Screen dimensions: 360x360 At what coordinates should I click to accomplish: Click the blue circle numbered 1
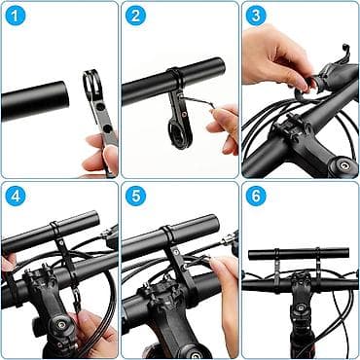[x=16, y=16]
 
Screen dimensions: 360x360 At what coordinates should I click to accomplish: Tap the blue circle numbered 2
[x=135, y=16]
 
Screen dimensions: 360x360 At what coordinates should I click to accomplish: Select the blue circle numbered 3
[x=256, y=16]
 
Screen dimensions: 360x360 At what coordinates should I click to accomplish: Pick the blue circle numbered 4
[x=16, y=196]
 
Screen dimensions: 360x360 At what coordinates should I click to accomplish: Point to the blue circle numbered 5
[x=135, y=196]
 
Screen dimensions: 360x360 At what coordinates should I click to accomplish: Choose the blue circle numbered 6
[x=256, y=196]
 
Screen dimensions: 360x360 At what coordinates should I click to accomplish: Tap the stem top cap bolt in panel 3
[x=344, y=165]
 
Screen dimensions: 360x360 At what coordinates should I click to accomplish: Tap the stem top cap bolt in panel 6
[x=301, y=306]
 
